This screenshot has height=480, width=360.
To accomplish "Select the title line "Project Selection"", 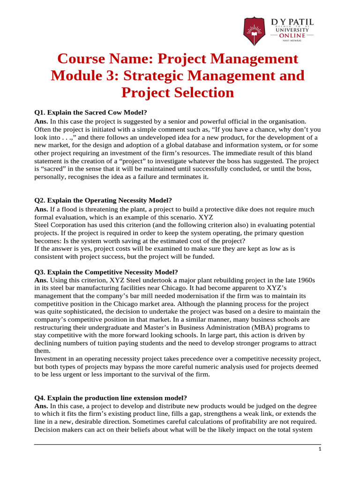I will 178,92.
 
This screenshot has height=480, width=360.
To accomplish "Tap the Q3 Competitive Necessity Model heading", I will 106,272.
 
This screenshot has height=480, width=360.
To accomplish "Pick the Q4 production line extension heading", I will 111,397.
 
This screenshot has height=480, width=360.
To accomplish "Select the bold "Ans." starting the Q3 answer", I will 42,280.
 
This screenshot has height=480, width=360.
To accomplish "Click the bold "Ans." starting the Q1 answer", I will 42,121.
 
